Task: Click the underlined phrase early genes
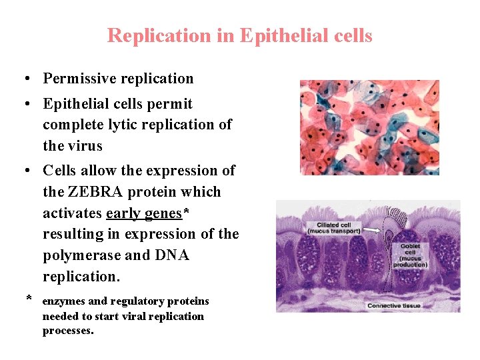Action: pos(144,213)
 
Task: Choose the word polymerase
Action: pos(73,255)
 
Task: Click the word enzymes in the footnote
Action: pos(65,301)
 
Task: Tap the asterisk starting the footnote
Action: pos(29,299)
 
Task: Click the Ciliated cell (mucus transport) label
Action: pos(333,228)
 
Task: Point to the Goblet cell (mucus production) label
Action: pos(409,255)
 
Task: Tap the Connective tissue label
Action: pos(393,305)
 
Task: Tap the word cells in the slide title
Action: pos(353,35)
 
